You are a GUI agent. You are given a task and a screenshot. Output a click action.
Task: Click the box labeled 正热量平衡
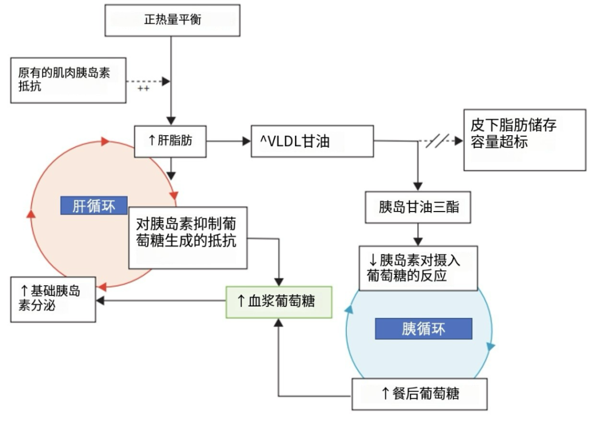click(x=172, y=20)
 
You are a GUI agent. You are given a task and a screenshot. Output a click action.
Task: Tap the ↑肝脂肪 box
click(x=170, y=141)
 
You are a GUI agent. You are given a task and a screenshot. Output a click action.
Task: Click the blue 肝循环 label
click(x=94, y=206)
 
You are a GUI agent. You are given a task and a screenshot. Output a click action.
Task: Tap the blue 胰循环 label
click(x=423, y=329)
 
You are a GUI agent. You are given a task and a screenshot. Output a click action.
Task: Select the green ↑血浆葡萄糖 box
click(x=279, y=301)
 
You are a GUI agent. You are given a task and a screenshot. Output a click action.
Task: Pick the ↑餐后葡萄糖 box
click(x=419, y=394)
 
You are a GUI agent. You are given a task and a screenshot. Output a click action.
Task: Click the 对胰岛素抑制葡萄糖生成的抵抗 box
click(x=188, y=237)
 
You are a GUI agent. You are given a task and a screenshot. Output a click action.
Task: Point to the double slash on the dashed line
click(x=437, y=141)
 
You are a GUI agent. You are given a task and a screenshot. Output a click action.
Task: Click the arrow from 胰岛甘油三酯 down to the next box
click(x=418, y=235)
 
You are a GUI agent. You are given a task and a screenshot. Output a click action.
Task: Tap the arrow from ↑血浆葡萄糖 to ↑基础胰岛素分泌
click(x=161, y=300)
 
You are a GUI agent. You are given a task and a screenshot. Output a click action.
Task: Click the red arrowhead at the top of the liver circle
click(x=105, y=141)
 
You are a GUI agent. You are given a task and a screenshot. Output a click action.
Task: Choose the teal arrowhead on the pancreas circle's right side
click(x=490, y=346)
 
